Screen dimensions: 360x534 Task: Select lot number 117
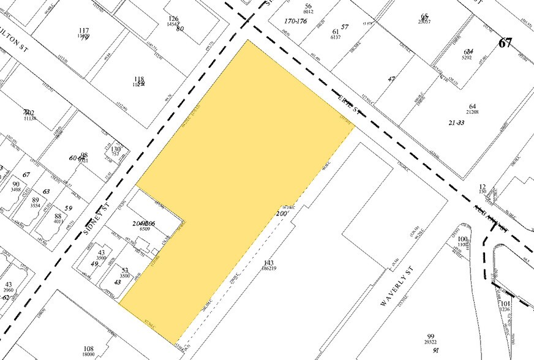tap(85, 31)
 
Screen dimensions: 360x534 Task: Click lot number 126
tap(173, 20)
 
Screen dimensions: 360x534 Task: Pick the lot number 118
tap(139, 79)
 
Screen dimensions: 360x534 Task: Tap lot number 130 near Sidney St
tap(115, 149)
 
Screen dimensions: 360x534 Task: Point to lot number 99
tap(431, 337)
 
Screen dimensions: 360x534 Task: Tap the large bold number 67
tap(505, 43)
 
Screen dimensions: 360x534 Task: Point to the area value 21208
tap(473, 112)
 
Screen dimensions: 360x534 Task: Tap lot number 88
tap(58, 216)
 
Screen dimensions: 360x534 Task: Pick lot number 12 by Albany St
tap(483, 187)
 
